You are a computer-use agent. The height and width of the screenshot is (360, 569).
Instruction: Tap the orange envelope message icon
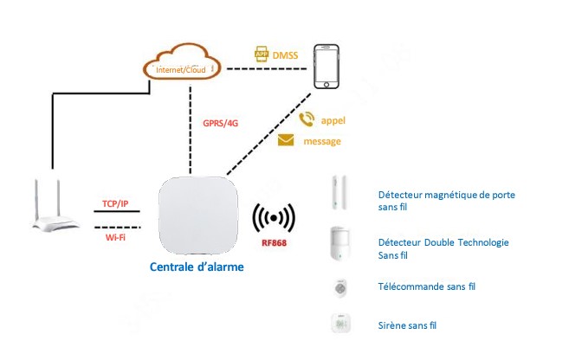[x=286, y=140]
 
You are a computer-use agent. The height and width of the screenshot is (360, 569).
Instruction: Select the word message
[x=323, y=141]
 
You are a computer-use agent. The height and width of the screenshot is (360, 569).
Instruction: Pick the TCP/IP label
[x=115, y=204]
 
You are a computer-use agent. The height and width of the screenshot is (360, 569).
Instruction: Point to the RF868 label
[x=274, y=243]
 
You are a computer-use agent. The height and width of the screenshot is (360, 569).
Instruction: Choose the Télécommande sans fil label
[x=427, y=286]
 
